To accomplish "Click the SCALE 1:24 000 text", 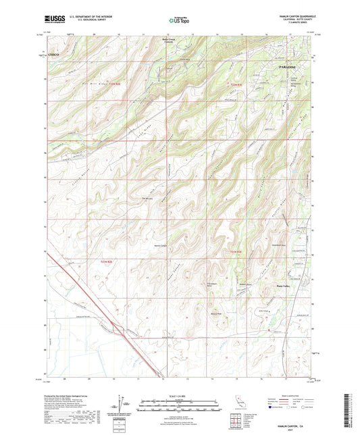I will click(x=180, y=396).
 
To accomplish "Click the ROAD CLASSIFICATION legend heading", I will click(x=295, y=396).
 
